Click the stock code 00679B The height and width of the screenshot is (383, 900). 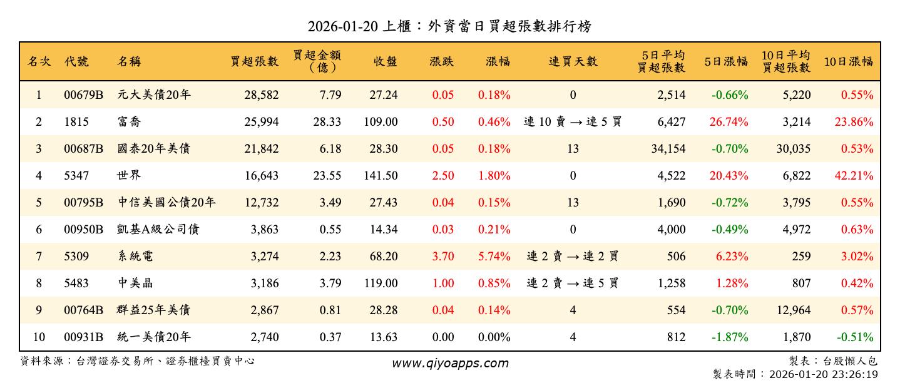[83, 95]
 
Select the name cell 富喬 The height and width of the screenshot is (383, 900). [129, 122]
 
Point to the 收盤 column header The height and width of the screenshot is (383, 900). [386, 61]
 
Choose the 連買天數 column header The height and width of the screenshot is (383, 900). [573, 61]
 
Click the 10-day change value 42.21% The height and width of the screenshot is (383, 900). [854, 176]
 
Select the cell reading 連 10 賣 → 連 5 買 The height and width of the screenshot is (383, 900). [573, 122]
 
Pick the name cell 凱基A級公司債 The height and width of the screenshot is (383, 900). [158, 230]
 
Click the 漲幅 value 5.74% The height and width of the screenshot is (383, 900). [494, 257]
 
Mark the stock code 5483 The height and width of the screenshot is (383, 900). [76, 283]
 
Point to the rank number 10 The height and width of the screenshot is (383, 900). [39, 337]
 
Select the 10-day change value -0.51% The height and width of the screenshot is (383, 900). [856, 337]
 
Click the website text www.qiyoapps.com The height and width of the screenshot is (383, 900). [450, 363]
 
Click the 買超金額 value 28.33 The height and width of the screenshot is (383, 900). [327, 122]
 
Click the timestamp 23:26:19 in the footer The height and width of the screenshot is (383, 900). [855, 374]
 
